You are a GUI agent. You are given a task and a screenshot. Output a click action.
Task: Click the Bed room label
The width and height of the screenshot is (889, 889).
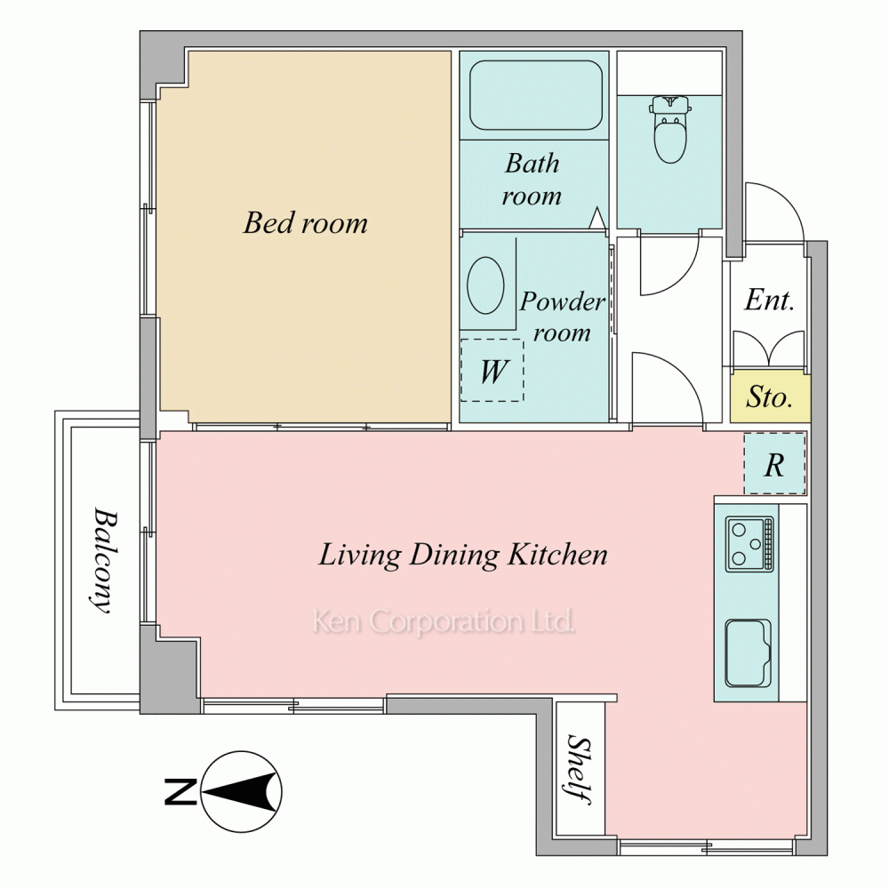pyautogui.click(x=306, y=223)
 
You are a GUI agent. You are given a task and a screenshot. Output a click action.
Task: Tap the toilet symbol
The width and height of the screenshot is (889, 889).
pyautogui.click(x=670, y=129)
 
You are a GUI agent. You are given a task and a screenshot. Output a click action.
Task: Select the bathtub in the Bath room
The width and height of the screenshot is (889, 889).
pyautogui.click(x=536, y=95)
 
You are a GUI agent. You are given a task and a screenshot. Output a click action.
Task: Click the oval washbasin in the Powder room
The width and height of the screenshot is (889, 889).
pyautogui.click(x=485, y=285)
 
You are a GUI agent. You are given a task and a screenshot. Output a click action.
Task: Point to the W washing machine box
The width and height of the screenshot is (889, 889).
pyautogui.click(x=492, y=370)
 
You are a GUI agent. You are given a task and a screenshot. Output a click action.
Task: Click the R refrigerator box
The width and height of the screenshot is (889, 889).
pyautogui.click(x=774, y=463)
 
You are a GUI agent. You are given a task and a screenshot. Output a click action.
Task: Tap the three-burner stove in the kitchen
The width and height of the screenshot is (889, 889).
pyautogui.click(x=749, y=544)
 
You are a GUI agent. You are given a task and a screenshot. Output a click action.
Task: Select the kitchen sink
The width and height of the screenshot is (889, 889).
pyautogui.click(x=749, y=653)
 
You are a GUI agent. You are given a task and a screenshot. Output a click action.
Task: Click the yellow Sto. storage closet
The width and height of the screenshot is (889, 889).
pyautogui.click(x=770, y=397)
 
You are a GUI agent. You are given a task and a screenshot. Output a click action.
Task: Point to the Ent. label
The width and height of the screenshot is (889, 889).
pyautogui.click(x=769, y=300)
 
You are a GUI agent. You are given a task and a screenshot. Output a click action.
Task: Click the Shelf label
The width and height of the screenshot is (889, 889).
pyautogui.click(x=580, y=769)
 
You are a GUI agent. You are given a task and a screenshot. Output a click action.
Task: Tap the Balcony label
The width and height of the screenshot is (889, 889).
pyautogui.click(x=104, y=560)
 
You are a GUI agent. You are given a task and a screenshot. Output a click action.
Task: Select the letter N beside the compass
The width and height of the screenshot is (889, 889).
pyautogui.click(x=180, y=792)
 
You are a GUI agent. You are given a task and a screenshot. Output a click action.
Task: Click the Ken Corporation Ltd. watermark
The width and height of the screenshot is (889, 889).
pyautogui.click(x=444, y=621)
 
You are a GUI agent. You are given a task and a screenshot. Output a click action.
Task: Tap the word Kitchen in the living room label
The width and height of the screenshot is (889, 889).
pyautogui.click(x=557, y=554)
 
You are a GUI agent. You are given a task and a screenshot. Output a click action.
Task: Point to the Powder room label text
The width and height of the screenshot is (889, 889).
pyautogui.click(x=562, y=316)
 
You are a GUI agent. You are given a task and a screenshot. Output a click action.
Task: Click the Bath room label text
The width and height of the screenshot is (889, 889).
pyautogui.click(x=532, y=180)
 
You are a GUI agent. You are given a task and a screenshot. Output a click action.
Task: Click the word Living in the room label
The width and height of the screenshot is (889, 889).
pyautogui.click(x=360, y=555)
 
